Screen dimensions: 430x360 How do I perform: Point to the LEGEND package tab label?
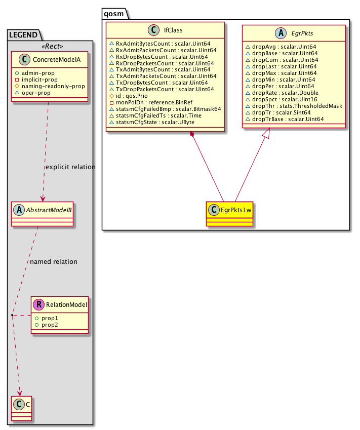click(23, 34)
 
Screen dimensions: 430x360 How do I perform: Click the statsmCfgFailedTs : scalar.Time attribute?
click(151, 115)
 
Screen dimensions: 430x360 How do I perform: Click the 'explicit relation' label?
click(70, 167)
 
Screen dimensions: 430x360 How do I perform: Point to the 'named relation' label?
click(54, 262)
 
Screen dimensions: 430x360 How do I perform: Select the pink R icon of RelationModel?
click(39, 304)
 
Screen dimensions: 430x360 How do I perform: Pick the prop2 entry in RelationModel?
click(50, 324)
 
